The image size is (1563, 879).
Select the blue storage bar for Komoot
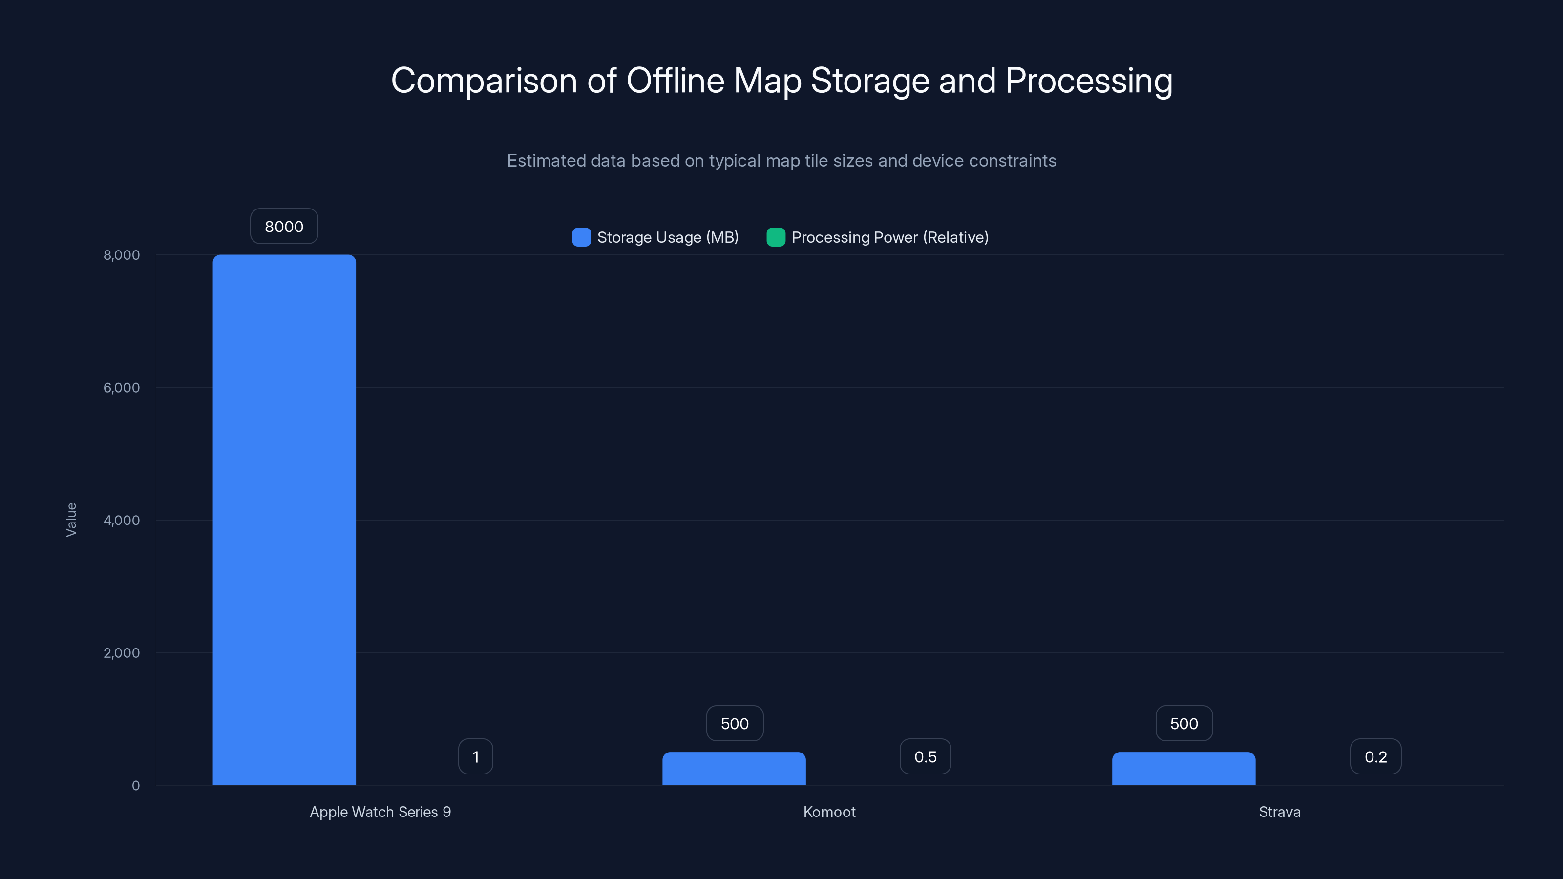pyautogui.click(x=734, y=769)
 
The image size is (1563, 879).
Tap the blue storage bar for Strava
pyautogui.click(x=1183, y=769)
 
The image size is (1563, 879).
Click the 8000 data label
pyautogui.click(x=284, y=226)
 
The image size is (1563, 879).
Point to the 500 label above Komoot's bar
pyautogui.click(x=734, y=723)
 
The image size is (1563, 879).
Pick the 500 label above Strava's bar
pyautogui.click(x=1184, y=723)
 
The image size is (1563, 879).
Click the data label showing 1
pyautogui.click(x=476, y=756)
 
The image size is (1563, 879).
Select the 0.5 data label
pyautogui.click(x=925, y=756)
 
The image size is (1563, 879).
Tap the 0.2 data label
pyautogui.click(x=1375, y=756)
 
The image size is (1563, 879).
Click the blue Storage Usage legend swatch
pyautogui.click(x=581, y=237)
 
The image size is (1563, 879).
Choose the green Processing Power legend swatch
pyautogui.click(x=776, y=237)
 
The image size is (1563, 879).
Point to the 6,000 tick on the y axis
pyautogui.click(x=121, y=388)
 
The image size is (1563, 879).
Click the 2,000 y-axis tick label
pyautogui.click(x=121, y=653)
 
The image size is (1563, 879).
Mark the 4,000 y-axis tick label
pyautogui.click(x=121, y=520)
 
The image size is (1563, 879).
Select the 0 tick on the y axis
pyautogui.click(x=136, y=786)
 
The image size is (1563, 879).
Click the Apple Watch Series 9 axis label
pyautogui.click(x=380, y=812)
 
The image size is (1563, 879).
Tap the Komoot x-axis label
pyautogui.click(x=829, y=812)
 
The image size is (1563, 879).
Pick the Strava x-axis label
pyautogui.click(x=1280, y=812)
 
